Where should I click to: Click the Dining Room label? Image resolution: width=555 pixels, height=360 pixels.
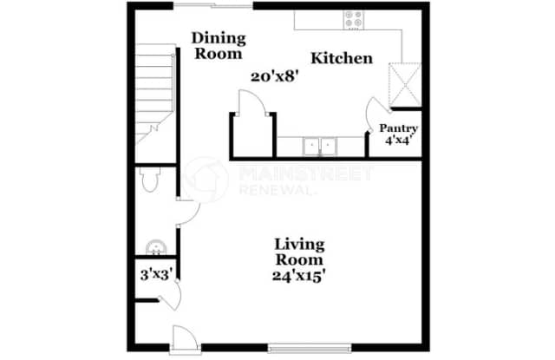pyautogui.click(x=219, y=44)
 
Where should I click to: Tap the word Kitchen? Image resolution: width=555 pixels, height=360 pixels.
pyautogui.click(x=342, y=59)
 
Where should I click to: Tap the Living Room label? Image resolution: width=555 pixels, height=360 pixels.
pyautogui.click(x=299, y=251)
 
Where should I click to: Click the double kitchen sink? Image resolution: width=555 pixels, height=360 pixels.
pyautogui.click(x=320, y=146)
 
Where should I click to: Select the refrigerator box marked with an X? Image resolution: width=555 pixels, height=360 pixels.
pyautogui.click(x=404, y=82)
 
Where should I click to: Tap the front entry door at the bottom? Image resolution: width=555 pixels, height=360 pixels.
pyautogui.click(x=185, y=337)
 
